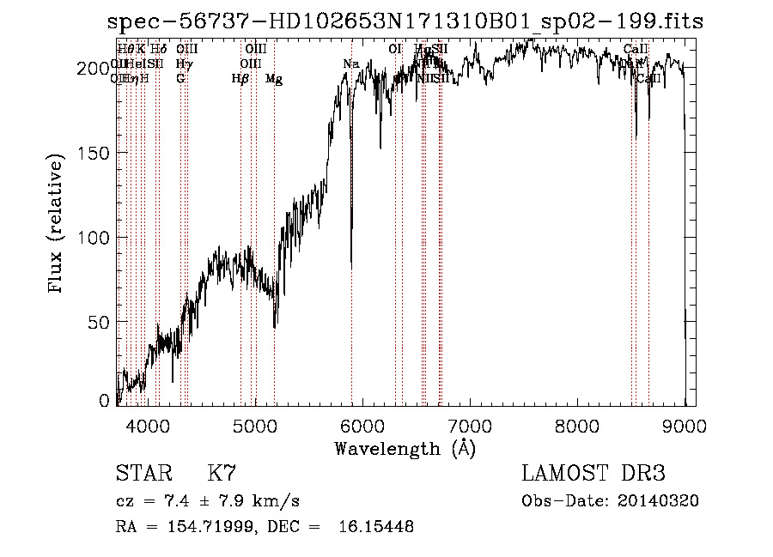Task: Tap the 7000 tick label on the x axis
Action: (x=470, y=423)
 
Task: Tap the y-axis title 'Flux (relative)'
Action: (x=58, y=226)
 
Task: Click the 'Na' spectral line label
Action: (x=350, y=64)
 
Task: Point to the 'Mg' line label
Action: (x=274, y=79)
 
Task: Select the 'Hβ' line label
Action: (x=240, y=79)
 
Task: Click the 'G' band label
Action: (x=180, y=79)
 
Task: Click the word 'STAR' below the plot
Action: (x=142, y=474)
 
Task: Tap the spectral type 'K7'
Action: (x=222, y=474)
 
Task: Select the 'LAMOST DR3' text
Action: (x=593, y=474)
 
